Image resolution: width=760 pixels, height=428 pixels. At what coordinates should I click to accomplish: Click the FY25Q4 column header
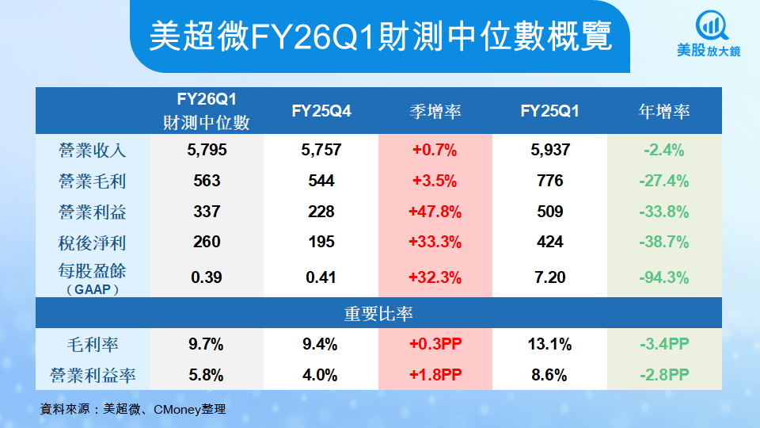point(321,112)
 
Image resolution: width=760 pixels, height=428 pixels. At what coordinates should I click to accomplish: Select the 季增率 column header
point(435,112)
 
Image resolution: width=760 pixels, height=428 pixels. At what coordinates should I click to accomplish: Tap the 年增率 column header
point(664,112)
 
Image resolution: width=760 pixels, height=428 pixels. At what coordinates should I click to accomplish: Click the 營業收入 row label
point(93,150)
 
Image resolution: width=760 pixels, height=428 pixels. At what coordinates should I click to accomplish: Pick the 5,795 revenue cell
point(207,150)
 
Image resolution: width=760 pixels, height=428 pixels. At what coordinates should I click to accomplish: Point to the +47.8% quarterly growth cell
point(435,212)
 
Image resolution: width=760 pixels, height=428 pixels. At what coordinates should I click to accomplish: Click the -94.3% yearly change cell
point(664,277)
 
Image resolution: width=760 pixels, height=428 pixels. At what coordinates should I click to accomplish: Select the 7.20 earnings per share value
point(549,277)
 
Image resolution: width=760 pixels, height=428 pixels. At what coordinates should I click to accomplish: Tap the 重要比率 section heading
point(379,313)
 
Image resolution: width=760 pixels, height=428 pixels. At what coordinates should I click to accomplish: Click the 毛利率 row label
point(93,345)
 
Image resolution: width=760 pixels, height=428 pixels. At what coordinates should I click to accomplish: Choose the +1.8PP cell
point(435,374)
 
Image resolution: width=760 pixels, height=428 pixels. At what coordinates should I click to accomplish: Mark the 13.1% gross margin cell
point(549,345)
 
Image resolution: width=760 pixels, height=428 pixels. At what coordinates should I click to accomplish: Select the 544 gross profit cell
point(321,181)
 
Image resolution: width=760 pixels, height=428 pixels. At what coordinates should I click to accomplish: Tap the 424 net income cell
point(549,243)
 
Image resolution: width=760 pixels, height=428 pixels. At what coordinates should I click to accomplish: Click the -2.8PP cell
point(664,374)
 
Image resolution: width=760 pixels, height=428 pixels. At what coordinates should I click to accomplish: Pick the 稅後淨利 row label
point(93,243)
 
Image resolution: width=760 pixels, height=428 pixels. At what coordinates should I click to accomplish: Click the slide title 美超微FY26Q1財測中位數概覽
point(380,36)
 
